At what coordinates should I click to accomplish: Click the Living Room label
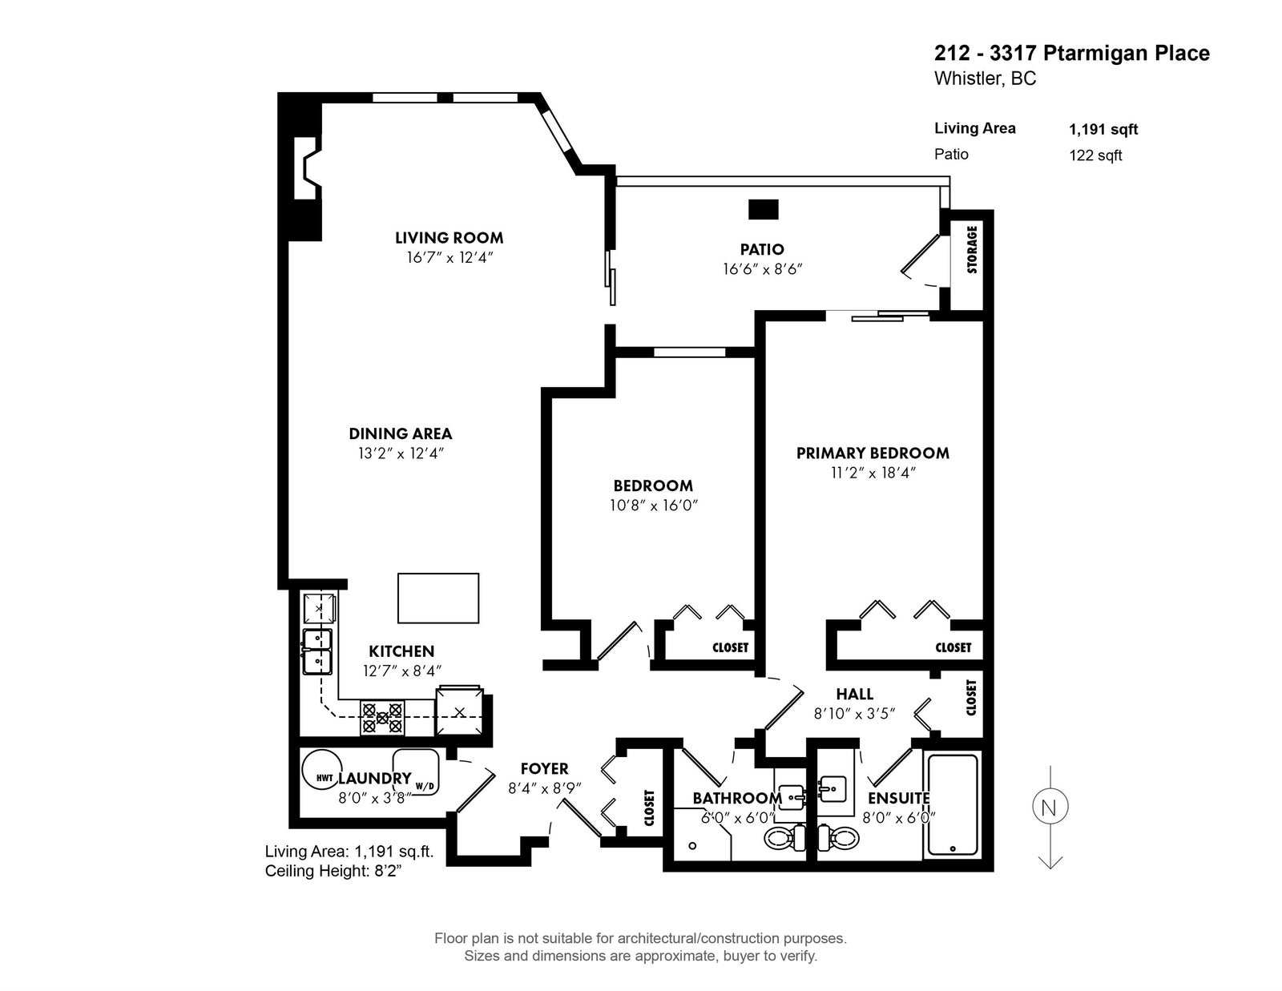[x=449, y=238]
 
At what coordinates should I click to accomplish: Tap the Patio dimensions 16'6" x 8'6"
[x=763, y=269]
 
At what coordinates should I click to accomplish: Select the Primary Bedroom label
[x=873, y=453]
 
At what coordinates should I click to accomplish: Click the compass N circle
[x=1050, y=807]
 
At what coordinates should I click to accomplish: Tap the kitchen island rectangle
[x=437, y=598]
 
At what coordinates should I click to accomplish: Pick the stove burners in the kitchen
[x=382, y=717]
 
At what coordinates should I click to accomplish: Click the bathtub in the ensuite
[x=953, y=804]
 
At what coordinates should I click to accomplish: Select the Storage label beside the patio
[x=972, y=249]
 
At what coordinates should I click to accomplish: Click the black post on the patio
[x=764, y=209]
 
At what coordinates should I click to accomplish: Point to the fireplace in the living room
[x=308, y=168]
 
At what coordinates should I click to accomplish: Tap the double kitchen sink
[x=317, y=651]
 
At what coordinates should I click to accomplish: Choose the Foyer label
[x=545, y=768]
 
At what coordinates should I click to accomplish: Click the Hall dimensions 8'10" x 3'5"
[x=855, y=713]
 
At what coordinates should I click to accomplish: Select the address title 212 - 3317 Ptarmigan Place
[x=1072, y=53]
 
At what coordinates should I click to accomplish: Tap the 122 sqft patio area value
[x=1095, y=155]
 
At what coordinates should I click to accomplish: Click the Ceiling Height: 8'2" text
[x=333, y=871]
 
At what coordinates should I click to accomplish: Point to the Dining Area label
[x=401, y=433]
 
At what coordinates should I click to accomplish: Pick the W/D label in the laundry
[x=425, y=787]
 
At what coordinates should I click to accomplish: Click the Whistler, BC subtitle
[x=985, y=79]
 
